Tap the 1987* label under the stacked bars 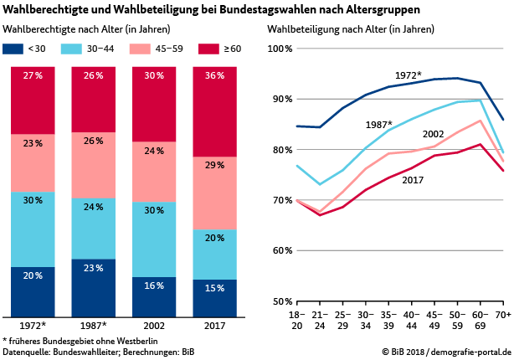tap(94, 324)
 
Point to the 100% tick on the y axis tap(278, 49)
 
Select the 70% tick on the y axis tap(280, 200)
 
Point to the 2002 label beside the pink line tap(433, 134)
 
